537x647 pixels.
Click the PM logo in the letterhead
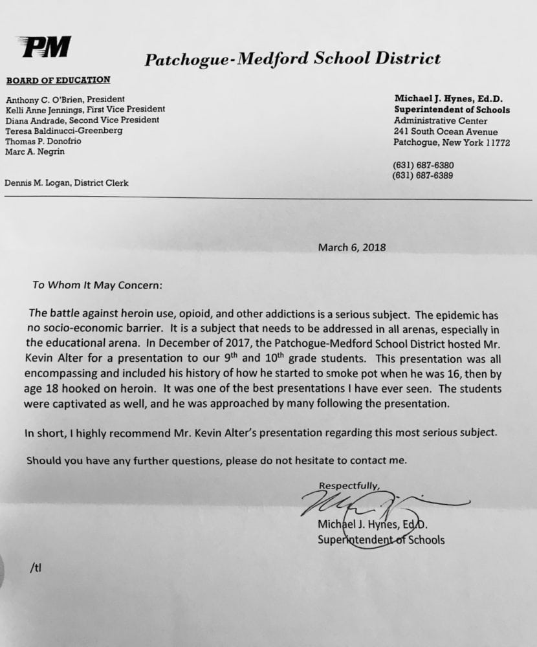pyautogui.click(x=45, y=47)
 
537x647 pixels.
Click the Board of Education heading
pyautogui.click(x=58, y=80)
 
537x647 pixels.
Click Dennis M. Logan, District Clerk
pyautogui.click(x=67, y=183)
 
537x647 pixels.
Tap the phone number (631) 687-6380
pyautogui.click(x=423, y=165)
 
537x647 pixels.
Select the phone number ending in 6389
pyautogui.click(x=422, y=175)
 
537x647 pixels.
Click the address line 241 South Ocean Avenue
pyautogui.click(x=446, y=132)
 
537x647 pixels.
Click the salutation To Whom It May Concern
pyautogui.click(x=98, y=285)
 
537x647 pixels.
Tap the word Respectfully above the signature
pyautogui.click(x=349, y=485)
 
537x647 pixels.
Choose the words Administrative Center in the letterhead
pyautogui.click(x=441, y=121)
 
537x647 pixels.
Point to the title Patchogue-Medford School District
pyautogui.click(x=292, y=60)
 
